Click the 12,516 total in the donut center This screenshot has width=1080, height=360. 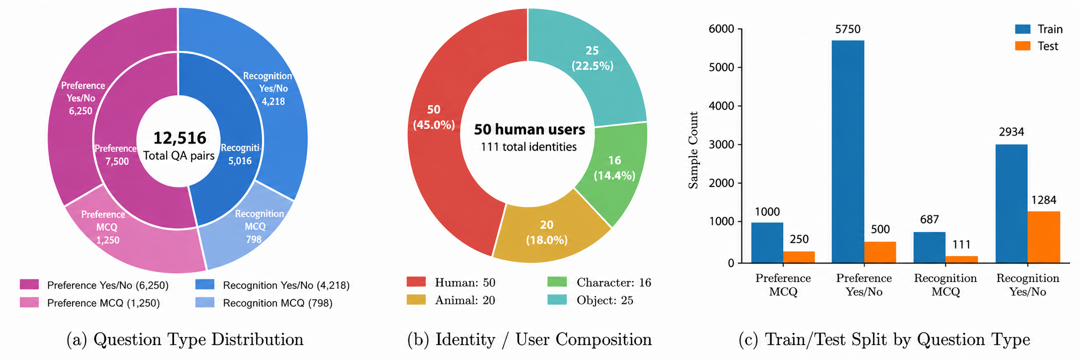click(x=180, y=138)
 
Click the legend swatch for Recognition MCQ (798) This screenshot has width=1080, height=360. click(x=205, y=302)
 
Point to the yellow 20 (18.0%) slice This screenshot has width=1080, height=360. click(x=547, y=232)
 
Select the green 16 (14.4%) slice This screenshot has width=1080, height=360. click(x=615, y=168)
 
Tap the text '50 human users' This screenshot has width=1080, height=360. click(x=529, y=130)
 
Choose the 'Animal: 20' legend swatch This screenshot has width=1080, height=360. click(x=416, y=300)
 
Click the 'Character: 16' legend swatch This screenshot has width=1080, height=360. click(x=557, y=282)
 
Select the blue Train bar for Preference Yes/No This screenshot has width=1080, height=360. click(x=848, y=152)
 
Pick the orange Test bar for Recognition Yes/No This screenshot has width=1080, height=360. click(x=1044, y=237)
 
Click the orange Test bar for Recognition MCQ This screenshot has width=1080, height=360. click(x=962, y=260)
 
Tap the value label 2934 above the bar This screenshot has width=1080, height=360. click(x=1011, y=132)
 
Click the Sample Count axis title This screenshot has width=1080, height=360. click(x=693, y=150)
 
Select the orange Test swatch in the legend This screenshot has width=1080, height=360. click(x=1023, y=46)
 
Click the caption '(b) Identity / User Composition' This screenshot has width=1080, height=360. click(x=530, y=340)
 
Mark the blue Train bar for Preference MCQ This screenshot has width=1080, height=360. click(x=767, y=243)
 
